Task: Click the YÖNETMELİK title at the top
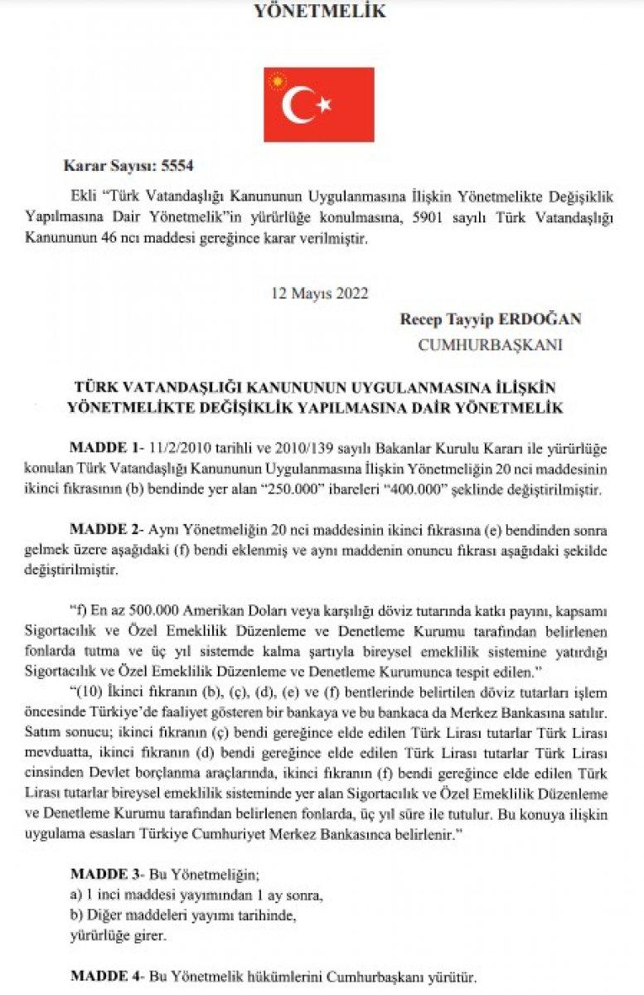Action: (x=319, y=12)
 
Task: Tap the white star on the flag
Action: (x=324, y=104)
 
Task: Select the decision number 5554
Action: (x=178, y=165)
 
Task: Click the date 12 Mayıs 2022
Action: (x=319, y=293)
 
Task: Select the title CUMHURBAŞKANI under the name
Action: (x=490, y=345)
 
